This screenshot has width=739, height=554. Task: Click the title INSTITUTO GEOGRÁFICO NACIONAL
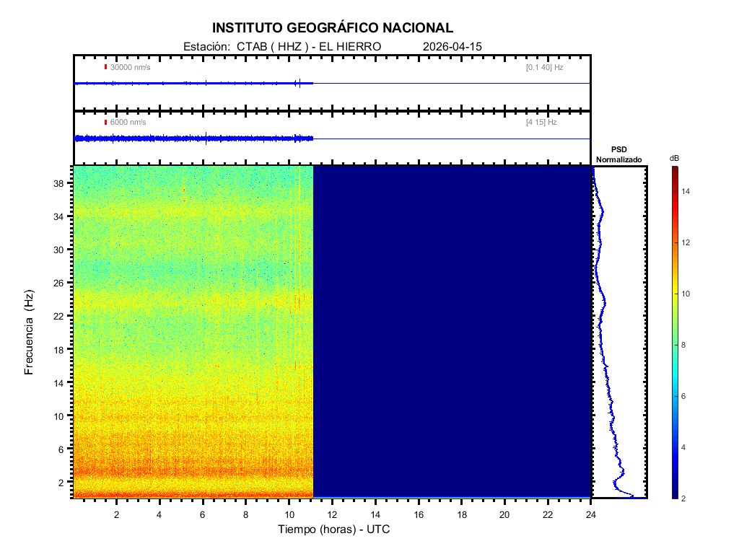click(333, 28)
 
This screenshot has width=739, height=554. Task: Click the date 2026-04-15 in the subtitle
click(452, 46)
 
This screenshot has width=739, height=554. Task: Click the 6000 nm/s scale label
click(128, 122)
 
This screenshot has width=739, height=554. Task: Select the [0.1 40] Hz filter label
click(544, 67)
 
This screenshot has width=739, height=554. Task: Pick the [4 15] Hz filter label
click(541, 122)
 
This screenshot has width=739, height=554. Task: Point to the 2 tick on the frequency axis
click(64, 482)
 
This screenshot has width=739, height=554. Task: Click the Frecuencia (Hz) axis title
click(29, 332)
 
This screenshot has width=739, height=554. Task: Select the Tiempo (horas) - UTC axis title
click(334, 529)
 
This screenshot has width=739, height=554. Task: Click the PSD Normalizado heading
click(619, 154)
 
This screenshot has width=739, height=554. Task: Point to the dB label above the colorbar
click(674, 157)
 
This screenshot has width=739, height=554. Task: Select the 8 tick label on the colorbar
click(686, 346)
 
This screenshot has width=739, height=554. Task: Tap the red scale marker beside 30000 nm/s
click(105, 67)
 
